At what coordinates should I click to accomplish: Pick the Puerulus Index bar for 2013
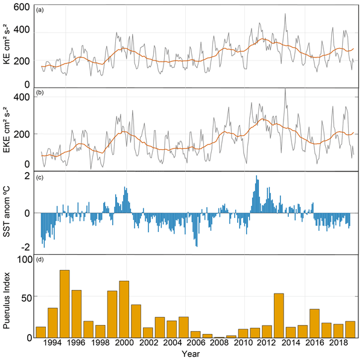tap(279, 315)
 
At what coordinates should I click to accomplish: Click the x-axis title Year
tap(193, 353)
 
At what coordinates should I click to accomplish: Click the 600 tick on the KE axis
tap(23, 7)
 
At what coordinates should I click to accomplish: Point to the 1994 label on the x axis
tap(52, 342)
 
